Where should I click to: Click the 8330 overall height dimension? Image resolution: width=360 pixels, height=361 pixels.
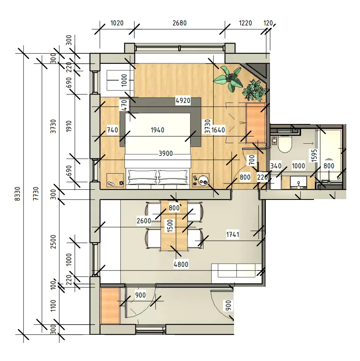(17, 194)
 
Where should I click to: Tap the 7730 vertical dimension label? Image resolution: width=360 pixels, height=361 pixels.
(36, 194)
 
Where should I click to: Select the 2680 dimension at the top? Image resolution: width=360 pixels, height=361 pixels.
(179, 23)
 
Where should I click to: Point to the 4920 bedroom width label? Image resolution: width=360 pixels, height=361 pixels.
(183, 101)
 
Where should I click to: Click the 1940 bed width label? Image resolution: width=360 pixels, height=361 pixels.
(158, 130)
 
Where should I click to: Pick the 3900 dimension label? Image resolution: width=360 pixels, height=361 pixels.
(166, 153)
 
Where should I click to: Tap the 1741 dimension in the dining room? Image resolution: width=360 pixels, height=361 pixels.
(233, 235)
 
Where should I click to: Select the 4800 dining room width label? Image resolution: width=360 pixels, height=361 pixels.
(181, 264)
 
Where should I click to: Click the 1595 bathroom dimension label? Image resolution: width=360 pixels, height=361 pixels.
(314, 155)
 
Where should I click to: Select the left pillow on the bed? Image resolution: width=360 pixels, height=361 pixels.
(142, 177)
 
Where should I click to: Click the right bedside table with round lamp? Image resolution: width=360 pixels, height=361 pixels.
(201, 180)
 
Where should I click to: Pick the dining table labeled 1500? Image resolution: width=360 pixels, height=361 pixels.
(174, 226)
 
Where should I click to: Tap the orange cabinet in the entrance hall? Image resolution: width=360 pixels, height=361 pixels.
(110, 306)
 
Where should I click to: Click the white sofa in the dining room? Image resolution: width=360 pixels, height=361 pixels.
(237, 273)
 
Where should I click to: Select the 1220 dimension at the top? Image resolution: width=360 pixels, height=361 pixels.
(246, 23)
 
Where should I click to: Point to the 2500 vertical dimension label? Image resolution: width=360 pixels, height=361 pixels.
(53, 242)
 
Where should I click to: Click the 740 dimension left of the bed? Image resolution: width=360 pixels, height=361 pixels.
(113, 130)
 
